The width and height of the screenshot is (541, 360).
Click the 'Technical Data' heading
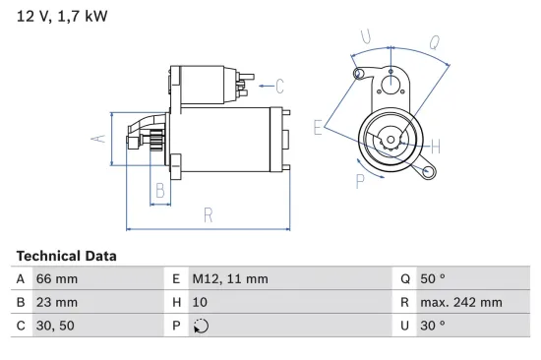[66, 256]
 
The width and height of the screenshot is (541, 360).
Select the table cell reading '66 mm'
[56, 278]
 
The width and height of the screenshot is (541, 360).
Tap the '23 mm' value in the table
[56, 302]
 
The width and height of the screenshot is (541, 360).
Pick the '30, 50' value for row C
[55, 325]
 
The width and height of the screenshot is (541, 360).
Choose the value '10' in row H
[200, 302]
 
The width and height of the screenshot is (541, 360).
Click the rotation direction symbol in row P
[202, 326]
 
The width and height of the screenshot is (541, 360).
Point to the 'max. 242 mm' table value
[463, 302]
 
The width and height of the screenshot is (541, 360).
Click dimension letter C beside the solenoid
[279, 85]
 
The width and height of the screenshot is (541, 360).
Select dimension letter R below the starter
[209, 213]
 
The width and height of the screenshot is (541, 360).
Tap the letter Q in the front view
[435, 42]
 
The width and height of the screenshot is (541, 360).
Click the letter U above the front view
[366, 37]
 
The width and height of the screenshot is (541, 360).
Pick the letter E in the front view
[317, 127]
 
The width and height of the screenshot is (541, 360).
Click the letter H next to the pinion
[435, 147]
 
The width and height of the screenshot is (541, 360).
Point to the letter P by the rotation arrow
[360, 179]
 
